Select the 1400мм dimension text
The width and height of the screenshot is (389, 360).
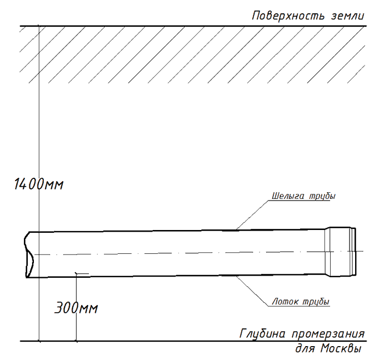(x=39, y=184)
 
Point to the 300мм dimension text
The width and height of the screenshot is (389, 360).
(x=76, y=308)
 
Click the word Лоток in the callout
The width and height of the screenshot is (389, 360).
(x=285, y=302)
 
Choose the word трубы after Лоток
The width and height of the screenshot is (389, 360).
(x=316, y=302)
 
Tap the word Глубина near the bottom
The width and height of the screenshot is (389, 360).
(x=262, y=334)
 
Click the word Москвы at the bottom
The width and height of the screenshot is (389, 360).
(x=341, y=348)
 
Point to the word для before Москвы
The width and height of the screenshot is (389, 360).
(x=305, y=349)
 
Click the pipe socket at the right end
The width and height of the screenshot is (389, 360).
(x=340, y=252)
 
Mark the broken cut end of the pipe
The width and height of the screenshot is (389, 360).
(x=29, y=254)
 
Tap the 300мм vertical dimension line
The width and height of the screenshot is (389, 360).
(x=76, y=307)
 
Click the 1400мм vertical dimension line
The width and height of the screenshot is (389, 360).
(x=39, y=183)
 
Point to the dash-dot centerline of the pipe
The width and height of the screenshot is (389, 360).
(x=199, y=253)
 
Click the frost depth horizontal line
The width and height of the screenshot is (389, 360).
(x=193, y=341)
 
